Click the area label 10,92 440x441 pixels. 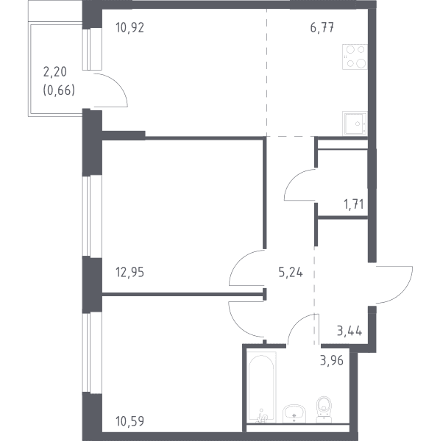pos(129,28)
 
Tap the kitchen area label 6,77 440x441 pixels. pos(322,28)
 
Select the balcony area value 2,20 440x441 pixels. pos(55,72)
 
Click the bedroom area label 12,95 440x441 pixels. pos(129,272)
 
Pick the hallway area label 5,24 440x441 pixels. pos(291,272)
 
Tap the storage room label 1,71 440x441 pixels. pos(354,204)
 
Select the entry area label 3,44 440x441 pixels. pos(349,331)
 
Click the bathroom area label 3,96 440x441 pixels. pos(332,360)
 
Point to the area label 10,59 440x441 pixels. pos(129,421)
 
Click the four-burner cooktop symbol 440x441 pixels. pos(355,57)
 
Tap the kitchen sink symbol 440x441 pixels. pos(355,123)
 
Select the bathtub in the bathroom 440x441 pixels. pos(261,387)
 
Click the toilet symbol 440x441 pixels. pos(324,409)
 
